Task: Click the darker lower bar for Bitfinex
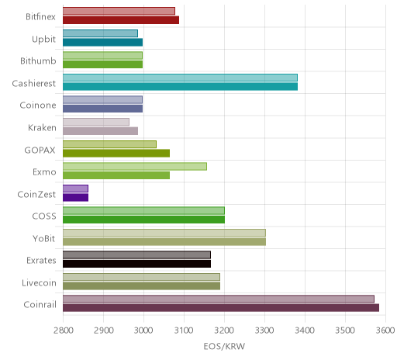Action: [x=121, y=20]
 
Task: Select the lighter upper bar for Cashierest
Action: [x=180, y=78]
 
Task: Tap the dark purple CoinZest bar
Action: [x=76, y=197]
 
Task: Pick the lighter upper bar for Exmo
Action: [x=135, y=166]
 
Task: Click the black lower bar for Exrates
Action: [x=137, y=264]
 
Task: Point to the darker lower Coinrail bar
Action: [x=221, y=308]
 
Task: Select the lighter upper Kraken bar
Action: [x=96, y=122]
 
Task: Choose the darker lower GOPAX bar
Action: [x=116, y=153]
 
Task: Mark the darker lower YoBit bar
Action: [x=164, y=241]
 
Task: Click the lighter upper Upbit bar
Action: [x=100, y=33]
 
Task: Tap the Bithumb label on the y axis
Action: [x=38, y=61]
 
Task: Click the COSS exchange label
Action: [x=44, y=216]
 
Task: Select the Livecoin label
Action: [x=39, y=282]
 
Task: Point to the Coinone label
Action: [x=38, y=106]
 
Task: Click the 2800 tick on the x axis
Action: [x=64, y=331]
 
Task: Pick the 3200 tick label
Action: [x=224, y=331]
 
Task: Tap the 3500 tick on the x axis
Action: [x=345, y=331]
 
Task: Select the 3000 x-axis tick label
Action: [x=143, y=331]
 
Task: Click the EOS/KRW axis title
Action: [x=224, y=346]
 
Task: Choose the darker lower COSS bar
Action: [x=144, y=220]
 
